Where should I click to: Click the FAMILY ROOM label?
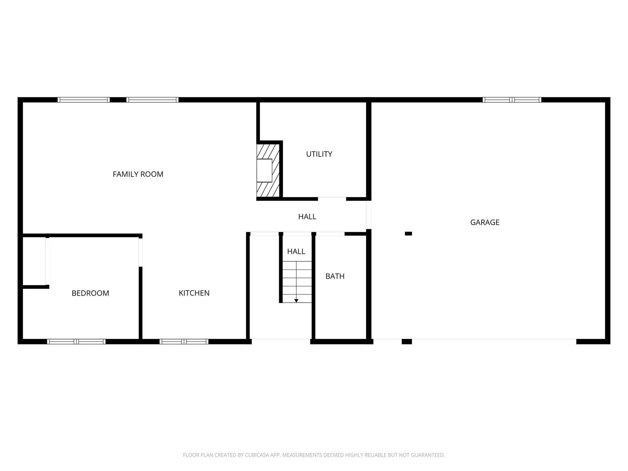click(x=138, y=174)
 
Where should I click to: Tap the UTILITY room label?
click(x=319, y=154)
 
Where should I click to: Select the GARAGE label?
click(x=484, y=222)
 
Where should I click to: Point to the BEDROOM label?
click(x=90, y=293)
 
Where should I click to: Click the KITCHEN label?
click(x=194, y=293)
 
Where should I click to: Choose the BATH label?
click(x=335, y=276)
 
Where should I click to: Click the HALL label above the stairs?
click(x=296, y=251)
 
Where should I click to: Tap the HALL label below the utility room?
click(x=307, y=217)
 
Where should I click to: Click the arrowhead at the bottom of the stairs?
click(x=296, y=301)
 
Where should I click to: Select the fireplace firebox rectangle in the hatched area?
click(x=264, y=170)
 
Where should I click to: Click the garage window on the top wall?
click(x=512, y=100)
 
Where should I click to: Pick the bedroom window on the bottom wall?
click(x=76, y=342)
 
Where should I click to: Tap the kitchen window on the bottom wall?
click(x=184, y=342)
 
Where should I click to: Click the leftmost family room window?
click(x=83, y=100)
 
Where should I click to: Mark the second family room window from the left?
click(x=152, y=100)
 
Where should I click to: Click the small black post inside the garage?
click(x=408, y=234)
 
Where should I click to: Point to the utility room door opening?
click(x=332, y=199)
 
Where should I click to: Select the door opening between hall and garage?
click(x=369, y=215)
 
